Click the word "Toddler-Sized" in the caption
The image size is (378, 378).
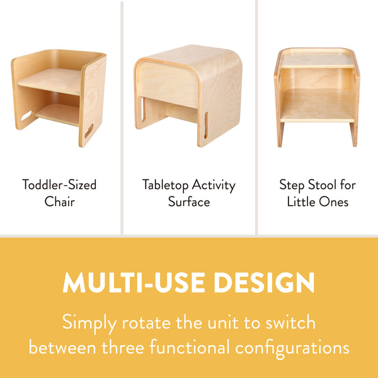(59, 185)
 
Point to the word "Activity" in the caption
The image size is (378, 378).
(214, 185)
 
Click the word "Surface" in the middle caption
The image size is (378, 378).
(189, 202)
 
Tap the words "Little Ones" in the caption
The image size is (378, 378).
(318, 202)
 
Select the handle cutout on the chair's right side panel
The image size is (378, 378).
(89, 130)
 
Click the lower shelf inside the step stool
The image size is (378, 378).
(316, 105)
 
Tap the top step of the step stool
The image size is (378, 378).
(316, 60)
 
